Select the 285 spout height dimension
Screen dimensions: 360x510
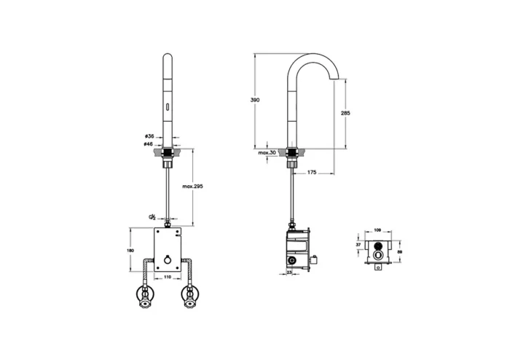coord(345,114)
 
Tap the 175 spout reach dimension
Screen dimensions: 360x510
coord(312,172)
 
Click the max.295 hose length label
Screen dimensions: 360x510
coord(192,187)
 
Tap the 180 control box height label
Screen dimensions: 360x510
coord(130,251)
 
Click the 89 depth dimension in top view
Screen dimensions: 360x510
coord(399,251)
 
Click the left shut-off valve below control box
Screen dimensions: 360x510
coord(146,297)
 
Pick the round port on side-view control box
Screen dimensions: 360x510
coord(291,260)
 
